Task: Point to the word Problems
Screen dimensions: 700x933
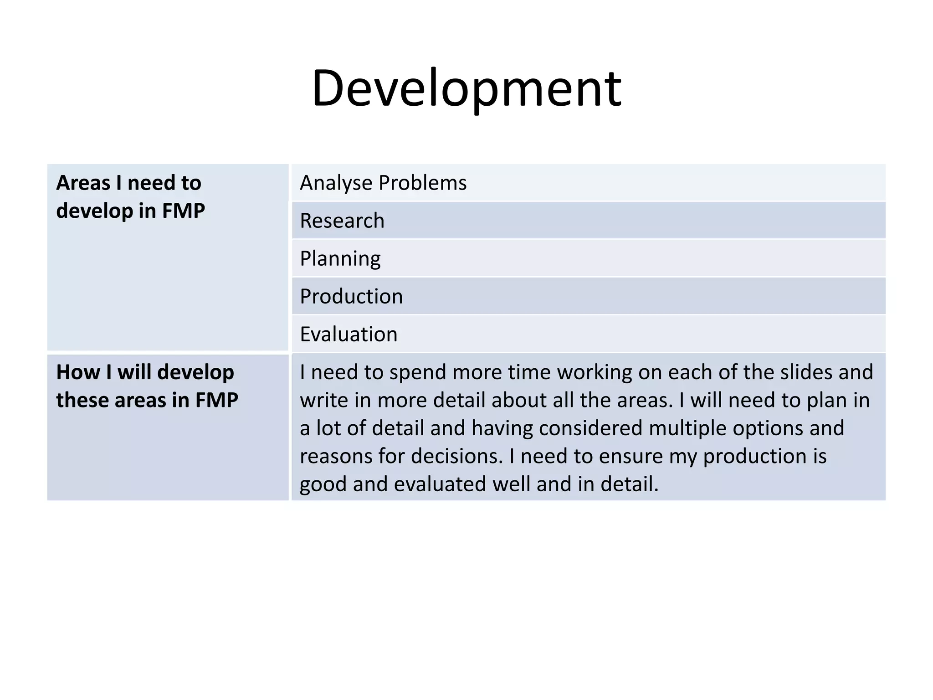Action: pyautogui.click(x=422, y=183)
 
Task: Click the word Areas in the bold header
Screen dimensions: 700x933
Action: pyautogui.click(x=83, y=183)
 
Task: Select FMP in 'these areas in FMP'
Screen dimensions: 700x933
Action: pyautogui.click(x=216, y=400)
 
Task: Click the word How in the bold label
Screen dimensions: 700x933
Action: pyautogui.click(x=77, y=372)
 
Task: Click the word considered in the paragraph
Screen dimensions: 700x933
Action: pyautogui.click(x=590, y=428)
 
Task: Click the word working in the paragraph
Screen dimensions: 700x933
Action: pyautogui.click(x=594, y=372)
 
